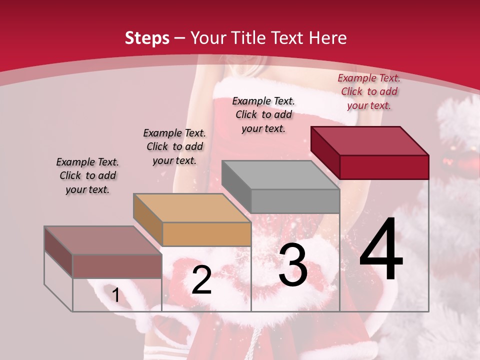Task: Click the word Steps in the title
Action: (147, 38)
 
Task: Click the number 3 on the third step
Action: (293, 265)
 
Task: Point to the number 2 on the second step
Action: (201, 280)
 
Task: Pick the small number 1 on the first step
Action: (115, 295)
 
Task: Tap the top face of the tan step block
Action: (192, 208)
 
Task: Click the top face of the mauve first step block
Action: (103, 240)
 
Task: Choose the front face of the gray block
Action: (295, 201)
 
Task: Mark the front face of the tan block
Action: (206, 234)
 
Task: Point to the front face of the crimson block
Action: (384, 167)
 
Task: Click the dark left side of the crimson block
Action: (325, 152)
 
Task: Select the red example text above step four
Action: (369, 91)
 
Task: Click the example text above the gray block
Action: (263, 114)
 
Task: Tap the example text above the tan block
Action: (174, 146)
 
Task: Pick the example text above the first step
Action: (87, 175)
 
